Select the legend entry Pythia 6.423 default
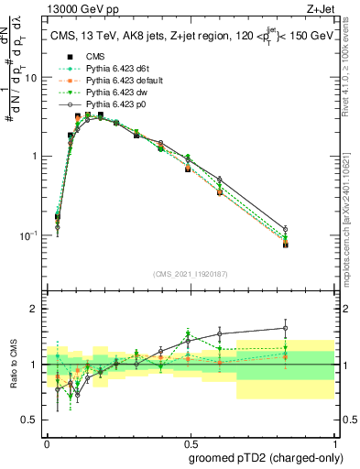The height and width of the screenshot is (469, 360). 107,80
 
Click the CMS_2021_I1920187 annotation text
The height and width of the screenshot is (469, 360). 190,272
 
